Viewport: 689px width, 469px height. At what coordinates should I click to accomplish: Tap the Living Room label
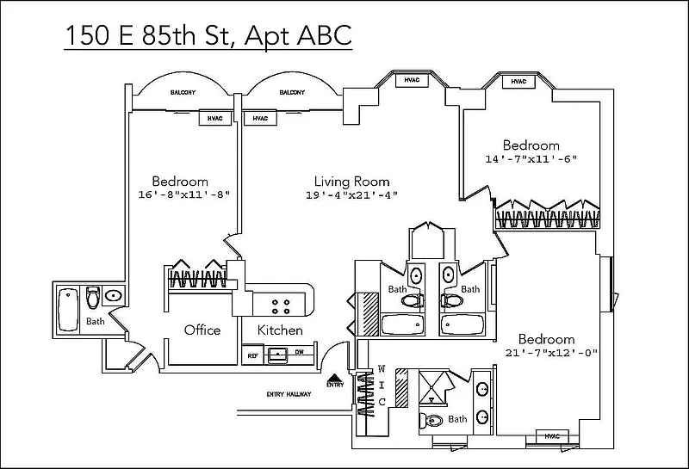point(351,182)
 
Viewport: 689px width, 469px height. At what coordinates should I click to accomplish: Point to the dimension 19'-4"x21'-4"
point(351,195)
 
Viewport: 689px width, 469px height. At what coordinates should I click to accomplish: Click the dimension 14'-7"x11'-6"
point(531,159)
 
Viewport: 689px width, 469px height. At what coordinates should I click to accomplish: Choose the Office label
point(202,330)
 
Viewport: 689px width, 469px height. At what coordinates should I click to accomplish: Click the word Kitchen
point(280,330)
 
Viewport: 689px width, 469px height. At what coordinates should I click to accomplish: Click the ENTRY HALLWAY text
point(284,395)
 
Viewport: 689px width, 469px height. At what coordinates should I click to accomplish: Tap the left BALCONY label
point(182,92)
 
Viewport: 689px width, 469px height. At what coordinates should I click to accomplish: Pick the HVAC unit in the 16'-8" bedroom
point(214,119)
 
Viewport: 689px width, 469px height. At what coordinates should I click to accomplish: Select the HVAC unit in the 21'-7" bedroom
point(551,436)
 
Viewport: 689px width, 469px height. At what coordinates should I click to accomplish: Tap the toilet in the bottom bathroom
point(433,421)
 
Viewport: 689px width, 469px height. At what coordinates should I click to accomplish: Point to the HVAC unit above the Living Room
point(411,81)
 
